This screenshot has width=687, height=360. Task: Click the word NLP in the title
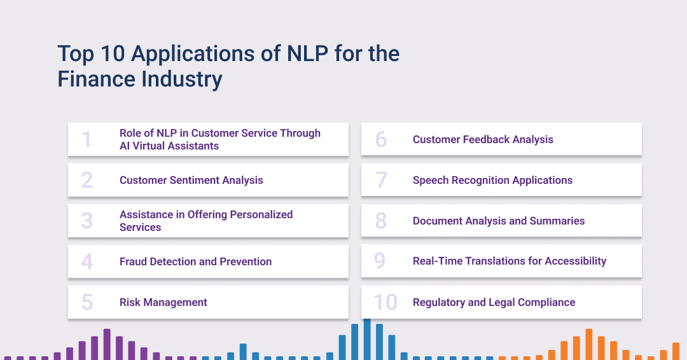coord(307,53)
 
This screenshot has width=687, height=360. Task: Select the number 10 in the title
coord(113,53)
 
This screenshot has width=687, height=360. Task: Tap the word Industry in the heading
coord(181,80)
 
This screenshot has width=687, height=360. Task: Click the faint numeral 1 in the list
coord(87,140)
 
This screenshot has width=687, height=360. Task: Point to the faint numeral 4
coord(87,261)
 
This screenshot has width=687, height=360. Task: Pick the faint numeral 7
coord(381,180)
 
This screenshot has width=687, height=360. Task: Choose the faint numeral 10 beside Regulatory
coord(385,302)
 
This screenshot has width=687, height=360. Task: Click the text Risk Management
coord(163,302)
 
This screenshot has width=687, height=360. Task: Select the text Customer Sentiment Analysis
coord(191,180)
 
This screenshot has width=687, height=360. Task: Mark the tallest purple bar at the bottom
coord(107,344)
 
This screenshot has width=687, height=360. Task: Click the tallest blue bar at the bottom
coord(367,340)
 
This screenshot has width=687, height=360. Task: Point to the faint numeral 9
coord(380,261)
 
